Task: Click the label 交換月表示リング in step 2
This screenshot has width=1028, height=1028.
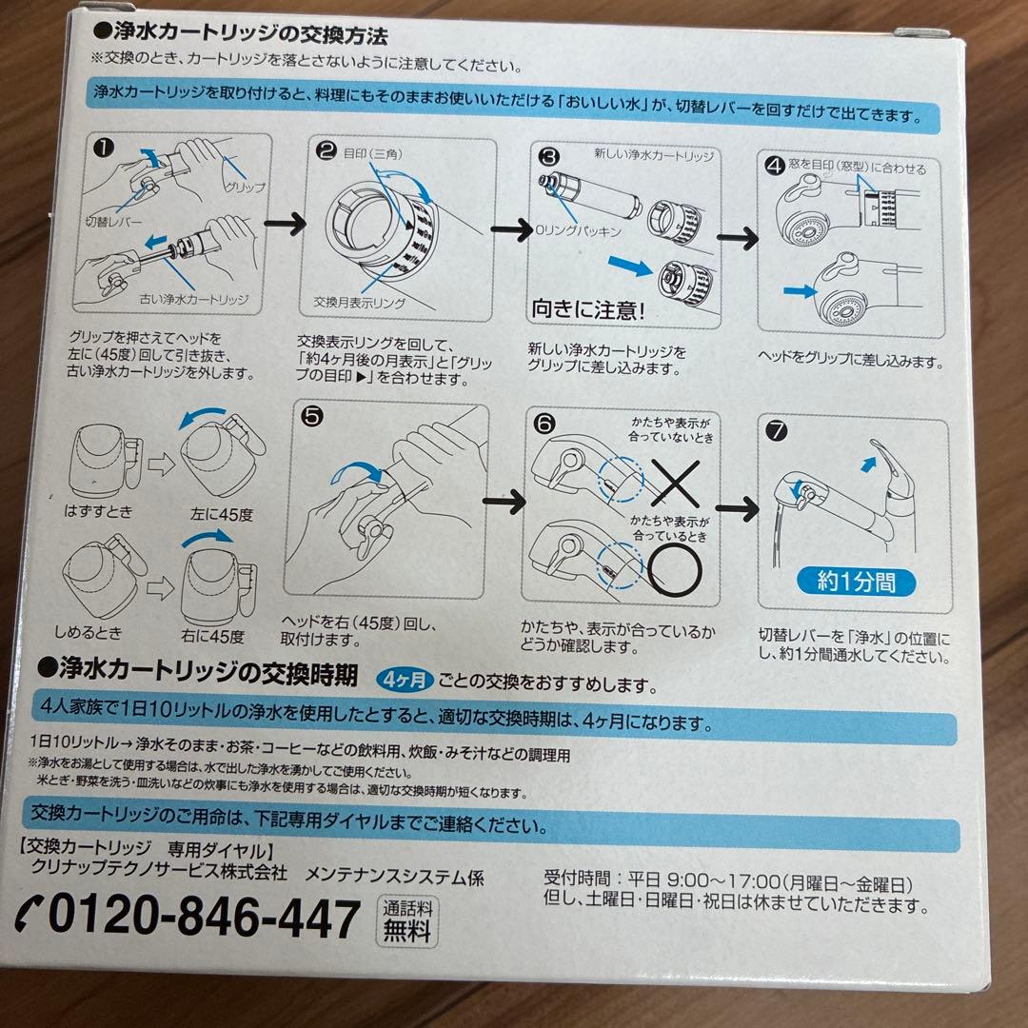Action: click(360, 303)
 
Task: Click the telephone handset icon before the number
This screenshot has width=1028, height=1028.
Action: click(30, 917)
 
